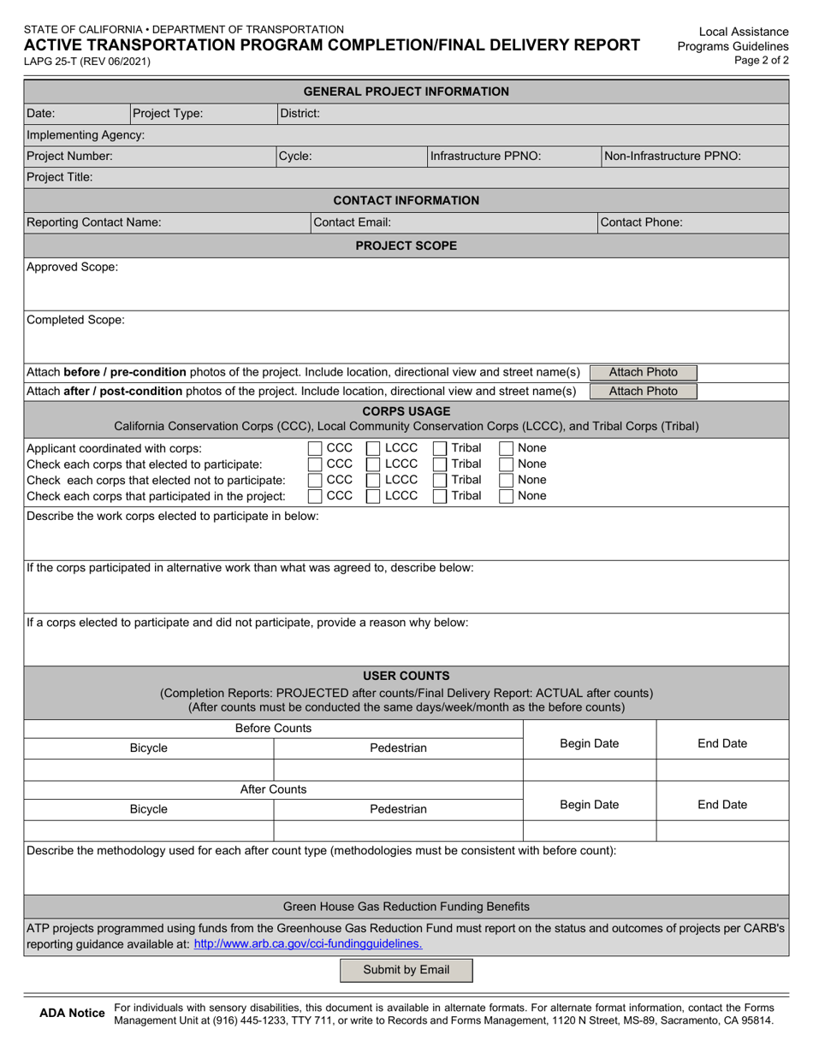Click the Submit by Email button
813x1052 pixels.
[x=406, y=970]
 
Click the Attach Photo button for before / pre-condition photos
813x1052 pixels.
[x=643, y=372]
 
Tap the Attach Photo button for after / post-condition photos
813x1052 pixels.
[x=643, y=391]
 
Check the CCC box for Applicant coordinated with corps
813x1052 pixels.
[x=314, y=448]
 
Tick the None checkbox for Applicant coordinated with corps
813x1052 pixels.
[x=506, y=448]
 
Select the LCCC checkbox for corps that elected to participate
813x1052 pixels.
[x=373, y=464]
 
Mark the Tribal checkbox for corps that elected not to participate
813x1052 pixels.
[x=439, y=480]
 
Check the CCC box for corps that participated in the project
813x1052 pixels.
[x=314, y=495]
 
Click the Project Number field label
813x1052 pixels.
[x=69, y=157]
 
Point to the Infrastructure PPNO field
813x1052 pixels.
[x=485, y=157]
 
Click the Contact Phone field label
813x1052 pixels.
[x=642, y=222]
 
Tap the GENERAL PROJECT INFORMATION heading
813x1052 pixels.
[x=406, y=92]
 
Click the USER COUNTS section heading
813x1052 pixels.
[x=406, y=676]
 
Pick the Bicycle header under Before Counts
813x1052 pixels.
[x=149, y=748]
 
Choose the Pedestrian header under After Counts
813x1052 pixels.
[x=398, y=808]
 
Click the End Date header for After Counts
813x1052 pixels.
[x=722, y=804]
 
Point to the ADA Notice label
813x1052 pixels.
[x=73, y=1014]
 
